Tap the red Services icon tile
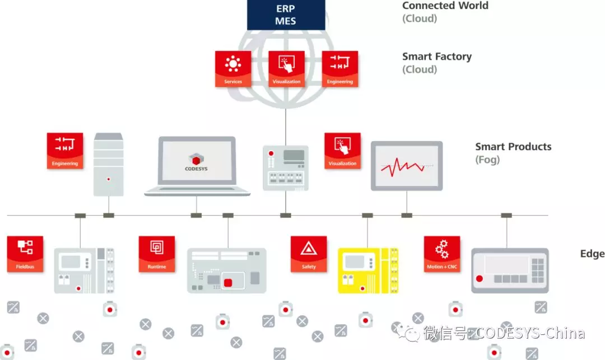pyautogui.click(x=233, y=69)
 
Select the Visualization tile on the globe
pyautogui.click(x=286, y=69)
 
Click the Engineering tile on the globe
pyautogui.click(x=339, y=69)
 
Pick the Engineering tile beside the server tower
pyautogui.click(x=65, y=151)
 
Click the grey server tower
pyautogui.click(x=109, y=164)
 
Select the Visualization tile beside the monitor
pyautogui.click(x=342, y=151)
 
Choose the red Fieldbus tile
pyautogui.click(x=25, y=254)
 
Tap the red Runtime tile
pyautogui.click(x=157, y=254)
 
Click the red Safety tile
pyautogui.click(x=309, y=254)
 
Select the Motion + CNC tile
pyautogui.click(x=442, y=254)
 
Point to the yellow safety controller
pyautogui.click(x=367, y=270)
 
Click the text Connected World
pyautogui.click(x=445, y=6)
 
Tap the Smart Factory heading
pyautogui.click(x=437, y=57)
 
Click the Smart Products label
pyautogui.click(x=513, y=147)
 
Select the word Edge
pyautogui.click(x=592, y=254)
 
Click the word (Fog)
pyautogui.click(x=487, y=160)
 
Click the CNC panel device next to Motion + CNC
pyautogui.click(x=510, y=270)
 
